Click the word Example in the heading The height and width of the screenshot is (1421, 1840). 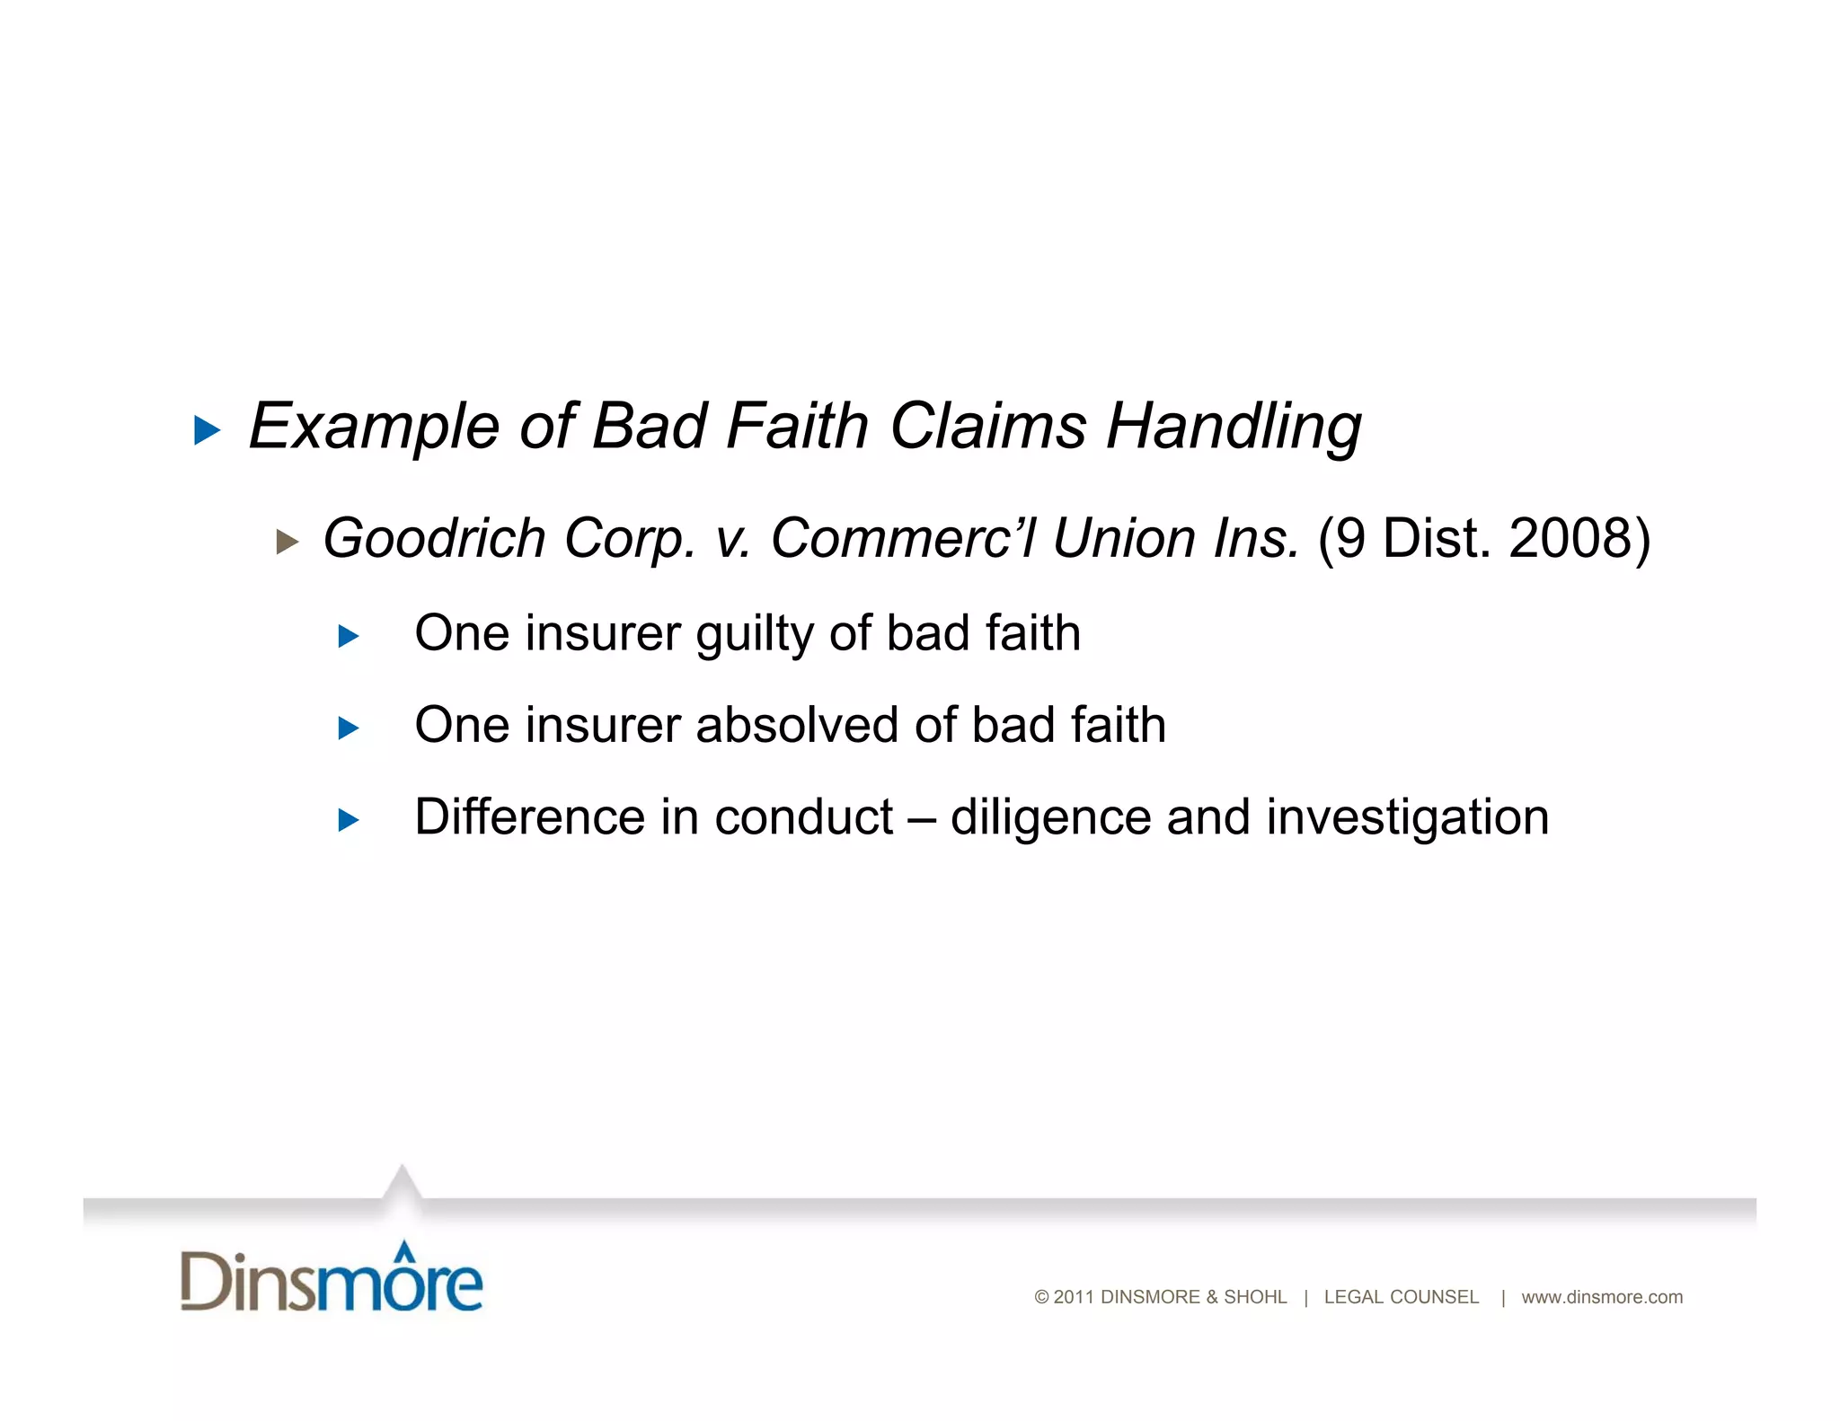point(373,427)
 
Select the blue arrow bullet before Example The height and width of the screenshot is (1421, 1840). point(208,430)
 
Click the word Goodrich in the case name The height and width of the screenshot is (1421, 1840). point(434,538)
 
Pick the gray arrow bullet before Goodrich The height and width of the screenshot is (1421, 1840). point(287,542)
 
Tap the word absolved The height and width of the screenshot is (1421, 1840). point(796,725)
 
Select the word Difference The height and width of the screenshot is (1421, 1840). point(530,817)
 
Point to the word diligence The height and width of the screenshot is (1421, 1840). point(1050,817)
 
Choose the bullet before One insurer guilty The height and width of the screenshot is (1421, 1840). point(349,637)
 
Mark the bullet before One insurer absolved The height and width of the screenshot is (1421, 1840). point(349,728)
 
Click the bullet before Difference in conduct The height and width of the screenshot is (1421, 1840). point(349,819)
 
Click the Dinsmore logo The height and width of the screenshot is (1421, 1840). point(332,1278)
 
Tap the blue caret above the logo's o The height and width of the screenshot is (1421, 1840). point(405,1249)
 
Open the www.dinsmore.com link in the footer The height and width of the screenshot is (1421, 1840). point(1601,1297)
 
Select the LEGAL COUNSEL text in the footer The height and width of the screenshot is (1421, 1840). point(1401,1297)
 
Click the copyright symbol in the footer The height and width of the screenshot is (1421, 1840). point(1041,1297)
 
